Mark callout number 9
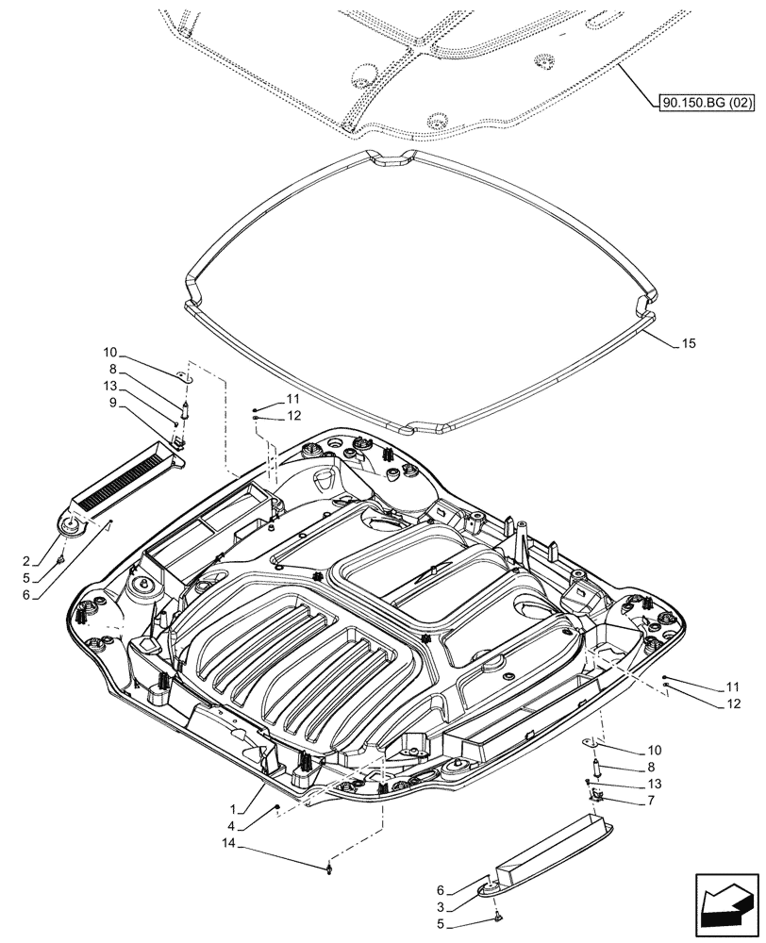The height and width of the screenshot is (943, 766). tap(112, 403)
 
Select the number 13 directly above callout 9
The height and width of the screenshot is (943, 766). tap(112, 386)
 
